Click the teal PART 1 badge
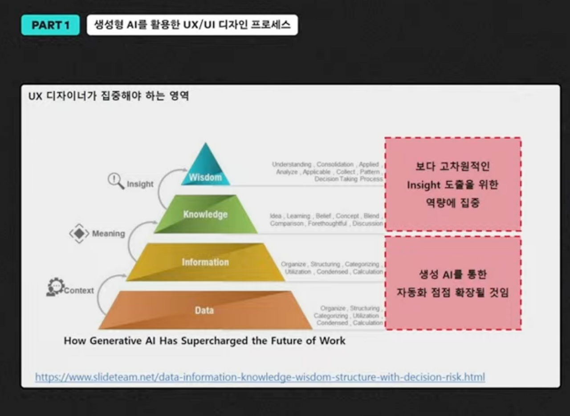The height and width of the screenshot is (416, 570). tap(50, 25)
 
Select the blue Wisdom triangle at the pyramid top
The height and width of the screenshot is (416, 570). tap(205, 172)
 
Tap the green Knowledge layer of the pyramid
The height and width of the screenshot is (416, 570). tap(205, 214)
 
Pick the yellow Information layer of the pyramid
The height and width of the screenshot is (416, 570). tap(205, 262)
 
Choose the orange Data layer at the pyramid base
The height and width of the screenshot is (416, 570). tap(204, 310)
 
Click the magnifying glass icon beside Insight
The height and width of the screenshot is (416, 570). tap(116, 181)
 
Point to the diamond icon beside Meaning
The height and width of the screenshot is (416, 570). tap(79, 233)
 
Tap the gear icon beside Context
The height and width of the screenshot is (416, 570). tap(55, 287)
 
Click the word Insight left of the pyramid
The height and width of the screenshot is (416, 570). tap(140, 184)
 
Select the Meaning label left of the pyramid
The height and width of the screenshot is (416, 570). tap(108, 234)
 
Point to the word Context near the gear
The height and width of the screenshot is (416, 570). tap(79, 291)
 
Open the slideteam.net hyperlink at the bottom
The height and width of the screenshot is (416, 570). tap(260, 377)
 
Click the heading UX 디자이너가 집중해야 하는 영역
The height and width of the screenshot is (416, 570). tap(109, 96)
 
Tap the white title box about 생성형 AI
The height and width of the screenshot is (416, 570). tap(192, 25)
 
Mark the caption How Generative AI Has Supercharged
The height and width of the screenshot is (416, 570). tap(204, 341)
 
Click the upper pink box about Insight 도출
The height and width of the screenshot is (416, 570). tap(452, 184)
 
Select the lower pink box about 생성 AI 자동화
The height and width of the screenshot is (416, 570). tap(452, 284)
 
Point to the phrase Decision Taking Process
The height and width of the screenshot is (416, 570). tap(348, 179)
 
